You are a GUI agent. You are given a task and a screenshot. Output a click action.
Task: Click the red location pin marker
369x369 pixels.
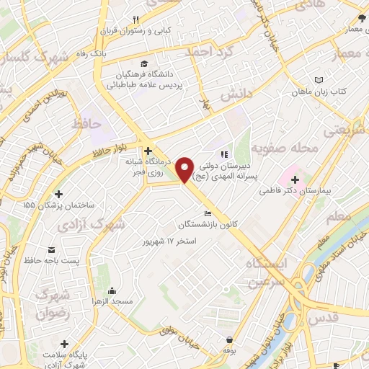coord(185,169)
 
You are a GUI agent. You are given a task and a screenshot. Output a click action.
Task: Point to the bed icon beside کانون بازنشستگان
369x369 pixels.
coord(208,213)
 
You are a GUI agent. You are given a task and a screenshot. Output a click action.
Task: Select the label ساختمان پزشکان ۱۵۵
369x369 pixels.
coord(58,205)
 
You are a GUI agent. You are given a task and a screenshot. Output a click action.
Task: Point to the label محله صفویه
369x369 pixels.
coord(291,148)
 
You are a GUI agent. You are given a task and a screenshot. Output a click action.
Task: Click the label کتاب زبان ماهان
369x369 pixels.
coord(322,92)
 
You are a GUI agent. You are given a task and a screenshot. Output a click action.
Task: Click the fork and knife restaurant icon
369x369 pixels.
coord(134,20)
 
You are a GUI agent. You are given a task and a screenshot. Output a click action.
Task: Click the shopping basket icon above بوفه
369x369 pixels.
coord(229,339)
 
